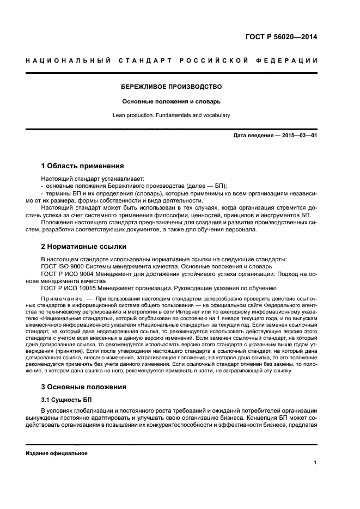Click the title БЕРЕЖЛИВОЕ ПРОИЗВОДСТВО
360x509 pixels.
click(x=171, y=87)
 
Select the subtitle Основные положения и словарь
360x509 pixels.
click(x=171, y=101)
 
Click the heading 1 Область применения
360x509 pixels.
click(x=82, y=165)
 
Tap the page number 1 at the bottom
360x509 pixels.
click(x=315, y=463)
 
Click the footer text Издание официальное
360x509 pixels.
click(x=52, y=453)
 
